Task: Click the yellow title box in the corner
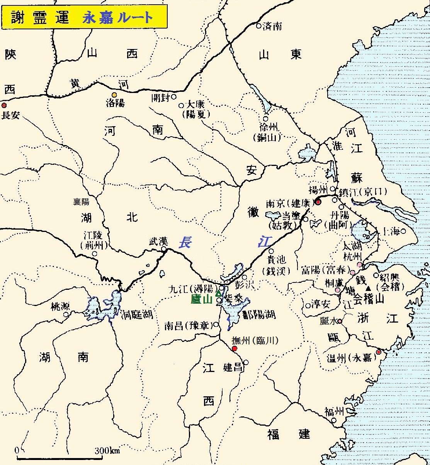[x=84, y=17]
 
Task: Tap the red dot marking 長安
[x=4, y=105]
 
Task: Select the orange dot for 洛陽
[x=114, y=95]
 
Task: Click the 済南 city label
[x=272, y=26]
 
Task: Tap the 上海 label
[x=390, y=232]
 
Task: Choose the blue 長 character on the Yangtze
[x=185, y=242]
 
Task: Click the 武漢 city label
[x=158, y=242]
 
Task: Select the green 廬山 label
[x=202, y=299]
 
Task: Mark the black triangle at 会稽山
[x=368, y=288]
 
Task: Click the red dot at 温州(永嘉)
[x=379, y=352]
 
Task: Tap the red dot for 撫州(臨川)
[x=234, y=349]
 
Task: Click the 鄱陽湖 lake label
[x=259, y=315]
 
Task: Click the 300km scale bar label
[x=107, y=451]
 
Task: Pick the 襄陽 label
[x=81, y=201]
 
